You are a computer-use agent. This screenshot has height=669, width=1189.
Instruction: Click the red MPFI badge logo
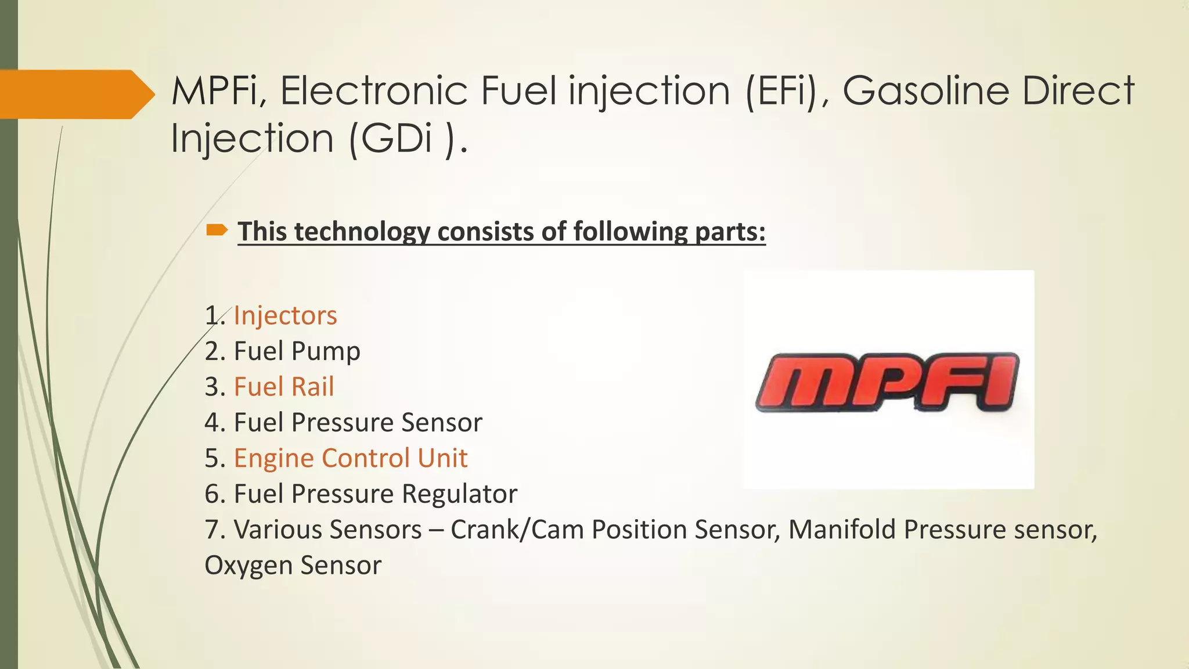[887, 382]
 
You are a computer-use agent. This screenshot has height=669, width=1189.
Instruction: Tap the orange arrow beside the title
[75, 94]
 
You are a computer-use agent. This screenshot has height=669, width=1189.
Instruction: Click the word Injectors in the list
[285, 316]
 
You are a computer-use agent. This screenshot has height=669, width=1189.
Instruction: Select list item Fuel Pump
[297, 351]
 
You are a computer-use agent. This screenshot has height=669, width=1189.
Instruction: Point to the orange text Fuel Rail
[284, 387]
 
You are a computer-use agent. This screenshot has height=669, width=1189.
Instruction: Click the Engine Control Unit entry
[350, 458]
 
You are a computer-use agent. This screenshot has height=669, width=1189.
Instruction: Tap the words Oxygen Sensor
[293, 566]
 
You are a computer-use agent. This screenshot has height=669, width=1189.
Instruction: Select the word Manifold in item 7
[842, 530]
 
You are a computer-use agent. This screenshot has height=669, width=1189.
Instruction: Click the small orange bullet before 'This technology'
[217, 231]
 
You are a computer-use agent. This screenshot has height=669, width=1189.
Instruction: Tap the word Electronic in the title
[374, 91]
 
